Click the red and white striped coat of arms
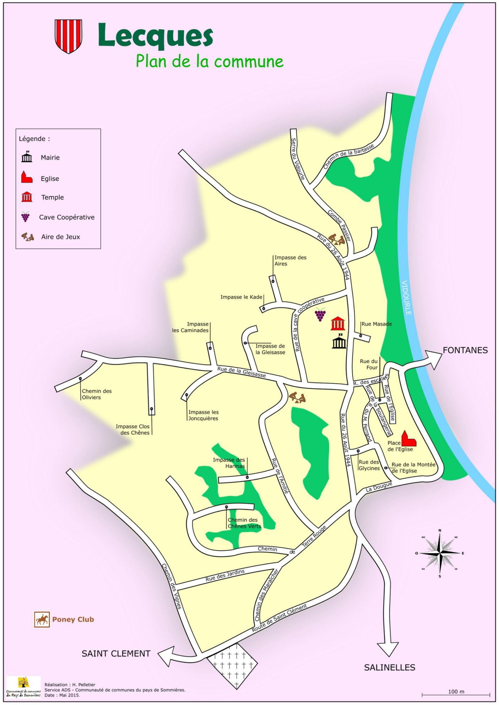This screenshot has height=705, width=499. click(68, 36)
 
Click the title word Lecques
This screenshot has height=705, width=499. click(155, 36)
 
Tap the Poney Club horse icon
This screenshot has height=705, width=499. click(42, 620)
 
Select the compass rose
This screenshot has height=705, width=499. click(440, 553)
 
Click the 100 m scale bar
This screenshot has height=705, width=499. click(456, 694)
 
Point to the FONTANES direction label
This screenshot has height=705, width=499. click(465, 350)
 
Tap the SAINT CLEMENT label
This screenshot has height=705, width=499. click(116, 654)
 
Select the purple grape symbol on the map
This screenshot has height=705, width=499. click(320, 315)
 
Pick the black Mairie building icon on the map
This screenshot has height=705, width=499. click(339, 342)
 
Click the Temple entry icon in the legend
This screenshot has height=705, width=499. click(27, 197)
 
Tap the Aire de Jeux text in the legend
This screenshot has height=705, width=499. click(60, 237)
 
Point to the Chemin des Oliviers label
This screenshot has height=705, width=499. click(96, 394)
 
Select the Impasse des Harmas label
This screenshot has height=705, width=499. click(229, 463)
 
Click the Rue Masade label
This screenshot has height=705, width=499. click(376, 324)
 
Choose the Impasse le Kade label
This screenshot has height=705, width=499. click(241, 297)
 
